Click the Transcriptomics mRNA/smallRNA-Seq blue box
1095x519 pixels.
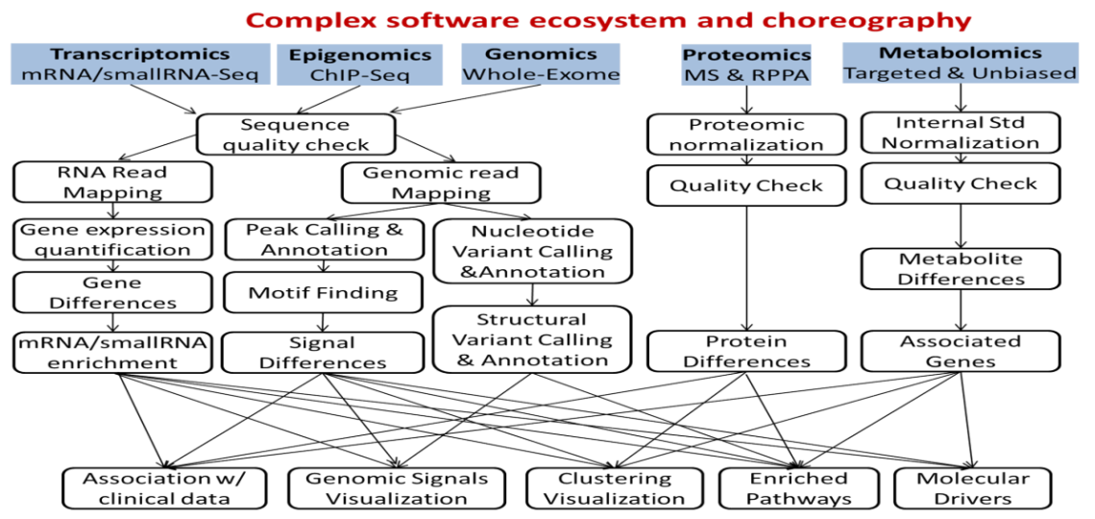pos(140,63)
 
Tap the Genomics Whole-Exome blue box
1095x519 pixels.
pos(541,63)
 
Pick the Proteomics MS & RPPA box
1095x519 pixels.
pos(746,63)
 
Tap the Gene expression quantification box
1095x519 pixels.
pos(113,239)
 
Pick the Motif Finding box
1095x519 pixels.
pos(326,292)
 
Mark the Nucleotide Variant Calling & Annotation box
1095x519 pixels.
pos(531,253)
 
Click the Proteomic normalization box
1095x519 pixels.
pos(745,136)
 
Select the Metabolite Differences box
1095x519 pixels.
pos(960,269)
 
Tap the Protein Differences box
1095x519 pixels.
pos(745,352)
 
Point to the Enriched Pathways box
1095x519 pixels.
pos(798,488)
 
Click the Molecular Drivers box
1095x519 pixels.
pos(973,488)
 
